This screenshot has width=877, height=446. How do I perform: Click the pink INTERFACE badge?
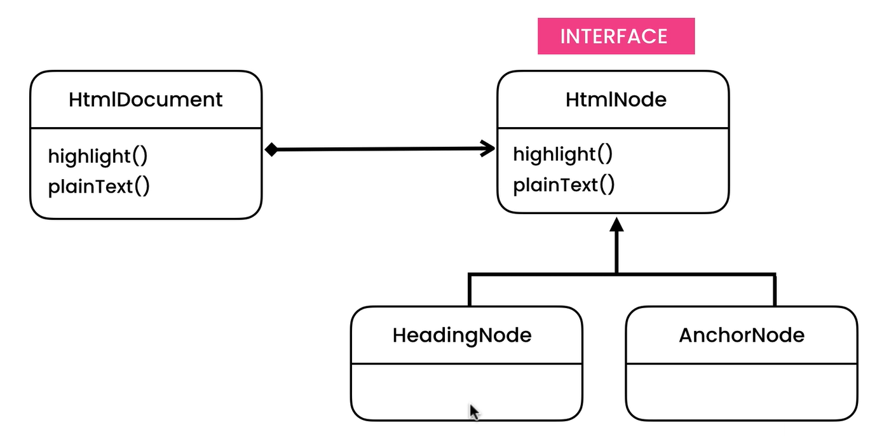click(x=616, y=36)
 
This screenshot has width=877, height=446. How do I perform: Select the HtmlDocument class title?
click(x=146, y=100)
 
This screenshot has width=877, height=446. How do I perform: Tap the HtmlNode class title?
click(x=616, y=100)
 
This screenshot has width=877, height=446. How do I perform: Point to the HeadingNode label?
click(x=462, y=335)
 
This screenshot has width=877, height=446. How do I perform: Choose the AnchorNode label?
click(x=742, y=335)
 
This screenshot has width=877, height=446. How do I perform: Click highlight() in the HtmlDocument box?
click(x=98, y=156)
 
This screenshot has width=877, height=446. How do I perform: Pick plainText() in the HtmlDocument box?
click(x=99, y=186)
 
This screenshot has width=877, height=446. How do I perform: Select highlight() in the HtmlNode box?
click(x=562, y=154)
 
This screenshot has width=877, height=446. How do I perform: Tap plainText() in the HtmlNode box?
click(x=564, y=185)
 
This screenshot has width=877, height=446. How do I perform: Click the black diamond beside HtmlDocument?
click(x=271, y=149)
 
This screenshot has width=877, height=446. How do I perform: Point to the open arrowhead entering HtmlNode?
click(x=488, y=149)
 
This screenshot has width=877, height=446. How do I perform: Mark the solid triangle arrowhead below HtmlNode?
click(x=616, y=224)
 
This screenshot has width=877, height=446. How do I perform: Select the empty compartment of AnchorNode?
click(x=742, y=392)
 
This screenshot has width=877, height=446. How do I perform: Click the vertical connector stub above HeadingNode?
click(x=470, y=290)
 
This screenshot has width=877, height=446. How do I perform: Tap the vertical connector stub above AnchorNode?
click(x=775, y=290)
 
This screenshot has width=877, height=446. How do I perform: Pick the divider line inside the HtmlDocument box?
click(x=146, y=128)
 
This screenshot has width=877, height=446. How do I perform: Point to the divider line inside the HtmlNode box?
click(x=613, y=128)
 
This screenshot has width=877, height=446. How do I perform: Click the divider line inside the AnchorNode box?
click(x=742, y=364)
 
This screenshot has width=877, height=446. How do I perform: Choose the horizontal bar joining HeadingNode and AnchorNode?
click(x=622, y=274)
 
